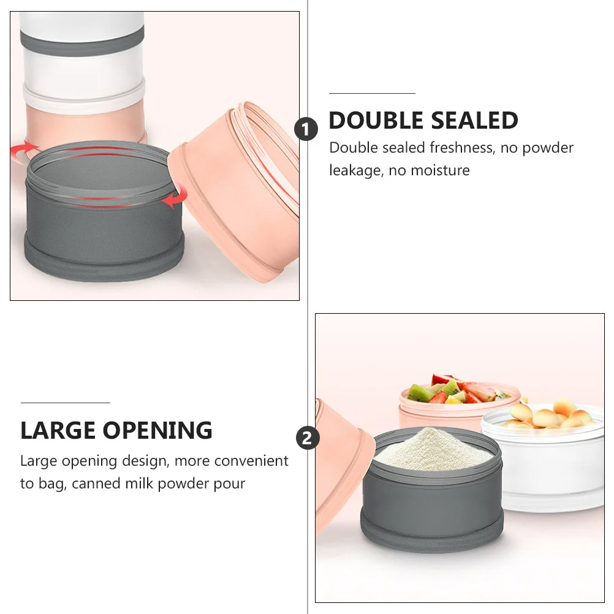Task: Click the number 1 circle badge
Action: (x=306, y=130)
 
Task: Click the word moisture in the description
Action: (x=438, y=170)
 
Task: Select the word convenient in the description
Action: (x=251, y=460)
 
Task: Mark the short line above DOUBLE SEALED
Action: (x=372, y=93)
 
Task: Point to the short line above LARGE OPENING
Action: (x=65, y=403)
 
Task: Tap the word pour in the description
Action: (x=230, y=483)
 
